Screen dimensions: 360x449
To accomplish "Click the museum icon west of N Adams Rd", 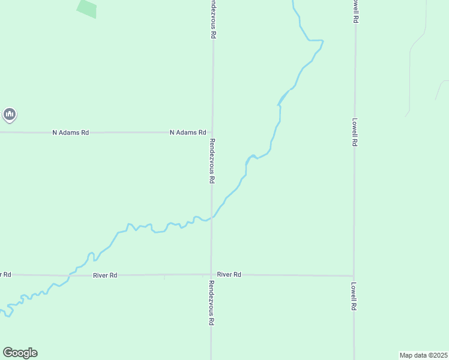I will [x=9, y=114].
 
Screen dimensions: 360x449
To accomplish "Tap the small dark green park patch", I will [x=87, y=8].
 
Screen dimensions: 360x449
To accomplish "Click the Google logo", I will [x=20, y=353].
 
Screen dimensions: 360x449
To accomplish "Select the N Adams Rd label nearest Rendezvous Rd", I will [x=188, y=132].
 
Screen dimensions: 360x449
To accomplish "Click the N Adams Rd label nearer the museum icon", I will [x=70, y=132].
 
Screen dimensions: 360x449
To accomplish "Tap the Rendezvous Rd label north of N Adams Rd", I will [x=212, y=19].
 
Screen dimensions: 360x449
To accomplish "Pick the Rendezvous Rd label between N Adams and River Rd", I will [x=212, y=161].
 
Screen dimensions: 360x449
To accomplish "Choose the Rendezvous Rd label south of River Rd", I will [x=211, y=302].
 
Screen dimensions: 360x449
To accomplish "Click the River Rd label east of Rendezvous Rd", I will [x=229, y=274].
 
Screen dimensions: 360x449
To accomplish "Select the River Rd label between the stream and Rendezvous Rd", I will [x=105, y=275].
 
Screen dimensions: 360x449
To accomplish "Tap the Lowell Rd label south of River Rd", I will [x=354, y=296].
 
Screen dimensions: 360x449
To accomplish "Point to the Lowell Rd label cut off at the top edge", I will [x=356, y=11].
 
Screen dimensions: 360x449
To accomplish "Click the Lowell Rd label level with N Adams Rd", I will [x=355, y=132].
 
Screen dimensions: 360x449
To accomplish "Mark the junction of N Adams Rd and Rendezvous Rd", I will [x=211, y=132].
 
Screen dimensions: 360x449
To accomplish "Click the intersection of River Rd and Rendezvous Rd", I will [x=211, y=275].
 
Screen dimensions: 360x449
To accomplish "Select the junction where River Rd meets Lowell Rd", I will [x=354, y=275].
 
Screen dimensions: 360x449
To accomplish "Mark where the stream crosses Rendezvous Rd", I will [x=211, y=218].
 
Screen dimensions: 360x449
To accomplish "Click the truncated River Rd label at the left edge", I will [x=5, y=274].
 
